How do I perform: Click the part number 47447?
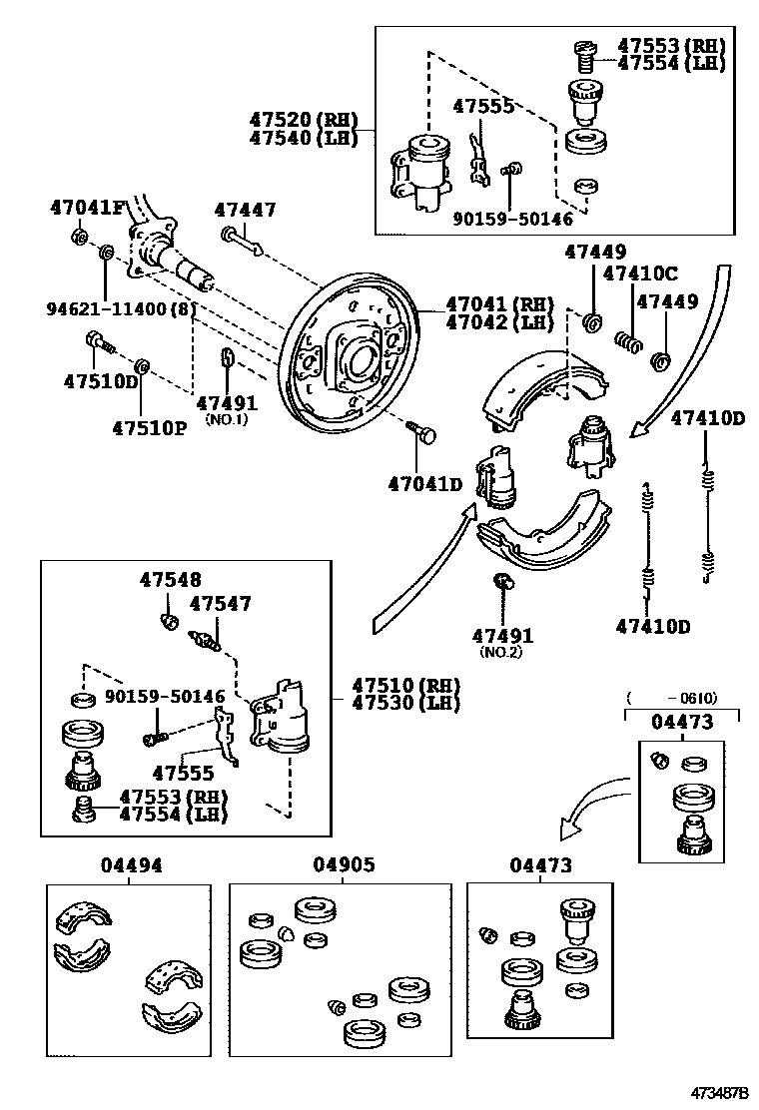(245, 210)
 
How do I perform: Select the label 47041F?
(88, 209)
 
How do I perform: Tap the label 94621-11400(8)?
(121, 309)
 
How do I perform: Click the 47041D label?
(425, 484)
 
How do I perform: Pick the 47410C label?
(640, 274)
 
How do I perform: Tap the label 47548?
(170, 580)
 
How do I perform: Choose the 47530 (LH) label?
(404, 703)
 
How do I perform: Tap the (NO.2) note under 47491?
(501, 652)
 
